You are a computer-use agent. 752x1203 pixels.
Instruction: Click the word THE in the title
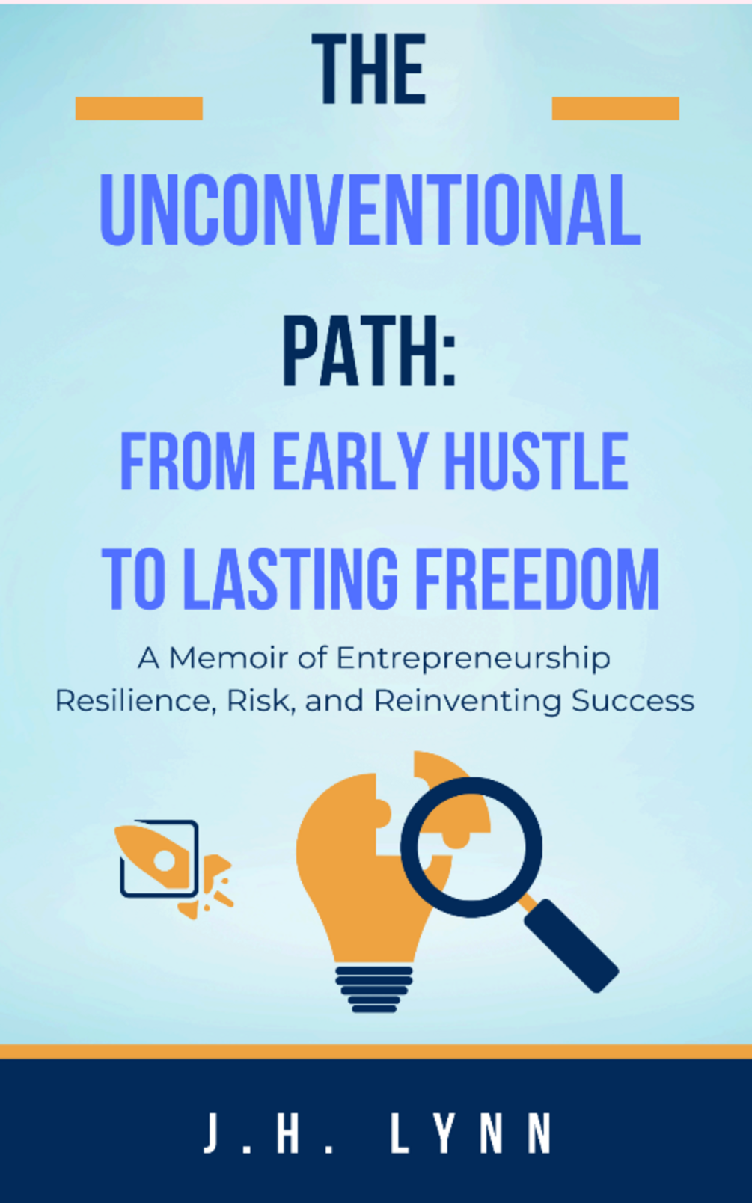[369, 69]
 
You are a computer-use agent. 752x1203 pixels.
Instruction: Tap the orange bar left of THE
[138, 108]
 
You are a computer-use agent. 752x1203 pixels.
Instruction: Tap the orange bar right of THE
[616, 108]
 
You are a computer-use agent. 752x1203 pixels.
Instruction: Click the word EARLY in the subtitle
[351, 462]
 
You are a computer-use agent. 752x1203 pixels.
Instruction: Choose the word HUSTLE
[537, 462]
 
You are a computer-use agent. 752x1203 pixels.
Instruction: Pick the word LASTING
[294, 580]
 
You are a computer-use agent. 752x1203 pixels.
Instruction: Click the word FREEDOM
[538, 580]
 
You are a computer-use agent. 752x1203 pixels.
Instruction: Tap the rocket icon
[173, 869]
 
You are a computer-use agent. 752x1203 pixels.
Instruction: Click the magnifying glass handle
[571, 945]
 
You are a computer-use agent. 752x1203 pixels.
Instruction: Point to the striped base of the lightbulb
[374, 989]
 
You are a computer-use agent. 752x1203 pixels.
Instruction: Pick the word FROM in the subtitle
[188, 462]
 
